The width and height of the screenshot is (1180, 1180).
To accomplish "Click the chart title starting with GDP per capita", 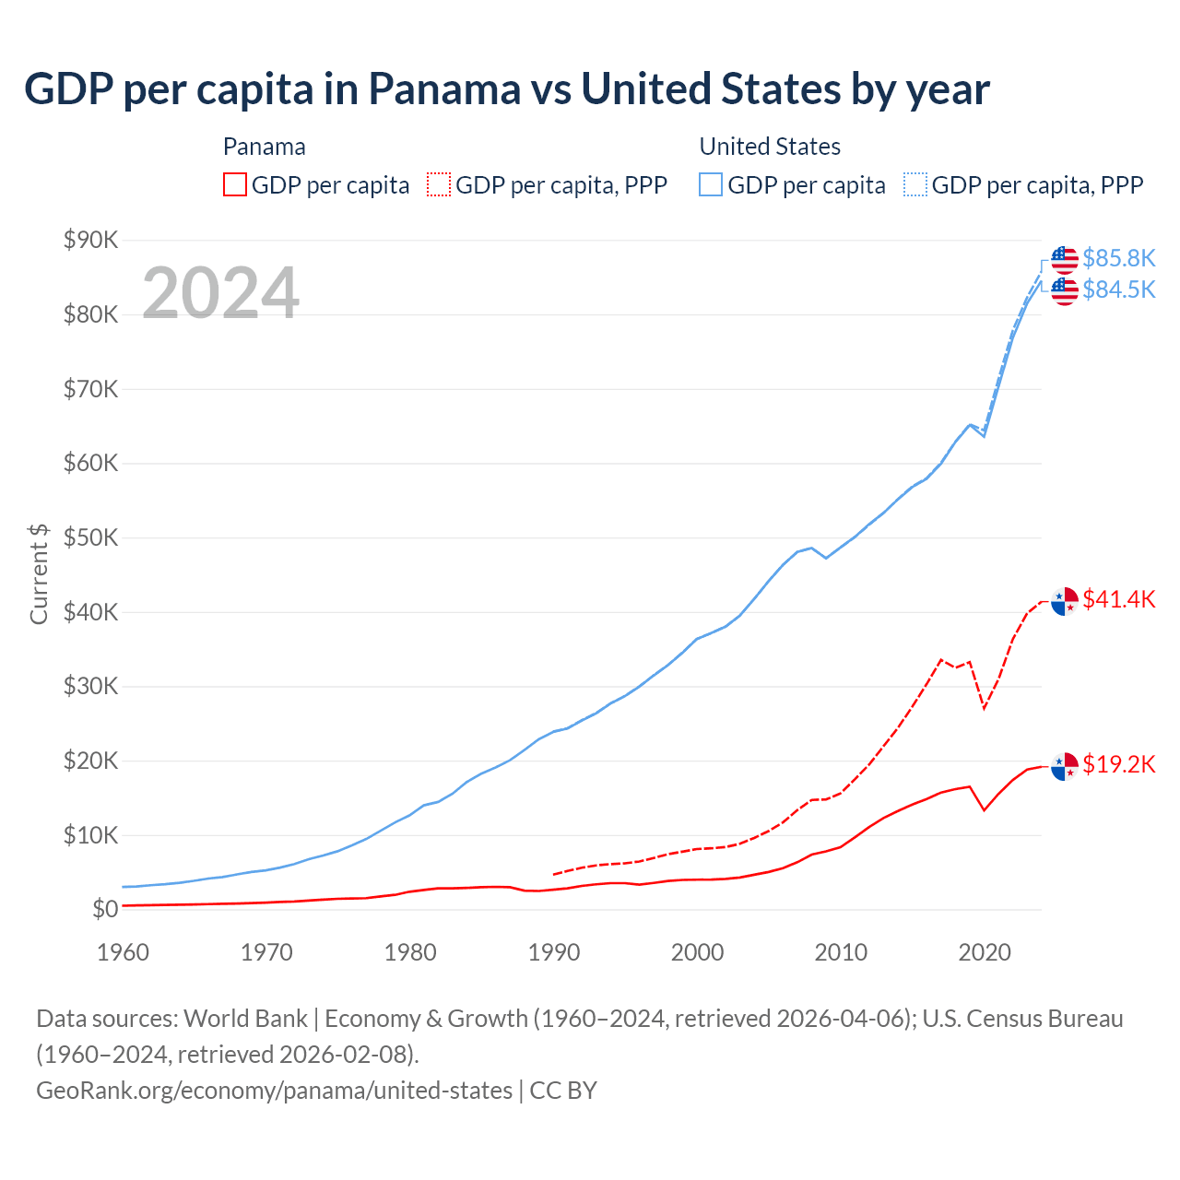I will coord(507,89).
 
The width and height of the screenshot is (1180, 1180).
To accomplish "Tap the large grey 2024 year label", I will coord(220,293).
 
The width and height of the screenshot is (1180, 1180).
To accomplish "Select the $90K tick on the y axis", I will coord(90,241).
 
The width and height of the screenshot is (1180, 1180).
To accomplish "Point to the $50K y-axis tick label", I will coord(90,538).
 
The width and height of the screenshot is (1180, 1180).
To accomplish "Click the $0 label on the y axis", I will coord(105,910).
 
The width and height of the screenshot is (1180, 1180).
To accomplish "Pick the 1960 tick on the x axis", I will coord(123,952).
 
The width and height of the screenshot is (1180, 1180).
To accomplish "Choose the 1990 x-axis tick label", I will coord(553,952).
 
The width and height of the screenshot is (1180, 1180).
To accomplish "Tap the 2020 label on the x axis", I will coord(985,952).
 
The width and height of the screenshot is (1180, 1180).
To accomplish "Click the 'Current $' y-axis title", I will coord(39,573).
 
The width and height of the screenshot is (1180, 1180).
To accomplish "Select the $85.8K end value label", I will coord(1118,258).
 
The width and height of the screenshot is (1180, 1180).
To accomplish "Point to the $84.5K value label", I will coord(1118,289).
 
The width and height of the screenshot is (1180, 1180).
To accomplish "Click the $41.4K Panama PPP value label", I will coord(1118,600).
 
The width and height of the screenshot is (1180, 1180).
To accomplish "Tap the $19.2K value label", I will coord(1118,764).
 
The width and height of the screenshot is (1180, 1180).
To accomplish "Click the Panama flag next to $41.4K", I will coord(1065,601).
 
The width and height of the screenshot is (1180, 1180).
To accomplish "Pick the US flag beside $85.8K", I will coord(1065,260).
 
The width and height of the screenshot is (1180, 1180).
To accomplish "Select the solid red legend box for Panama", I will coord(235,185).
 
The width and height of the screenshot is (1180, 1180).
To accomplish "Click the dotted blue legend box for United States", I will coord(915,185).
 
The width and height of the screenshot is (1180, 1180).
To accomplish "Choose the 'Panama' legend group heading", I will coord(264,147).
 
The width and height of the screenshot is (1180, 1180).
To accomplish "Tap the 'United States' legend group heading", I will coord(770,147).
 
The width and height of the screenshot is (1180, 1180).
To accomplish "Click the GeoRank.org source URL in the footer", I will coord(274,1091).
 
